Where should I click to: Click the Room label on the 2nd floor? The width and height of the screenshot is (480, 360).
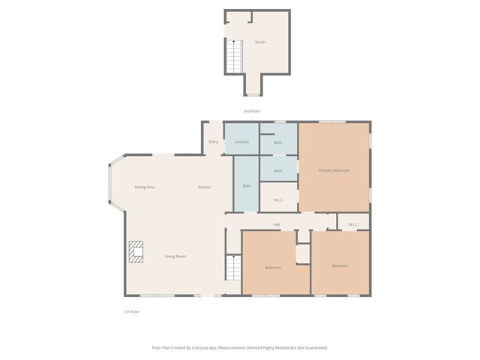click(x=260, y=42)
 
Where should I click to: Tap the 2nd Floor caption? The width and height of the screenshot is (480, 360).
click(x=251, y=111)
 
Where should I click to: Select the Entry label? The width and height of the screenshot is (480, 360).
click(x=213, y=142)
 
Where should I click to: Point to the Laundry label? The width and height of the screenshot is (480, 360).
click(x=241, y=142)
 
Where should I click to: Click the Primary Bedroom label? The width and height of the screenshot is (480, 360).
click(x=334, y=170)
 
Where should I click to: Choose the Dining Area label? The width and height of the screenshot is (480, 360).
click(x=145, y=187)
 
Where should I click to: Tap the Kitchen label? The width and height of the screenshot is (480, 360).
click(x=204, y=187)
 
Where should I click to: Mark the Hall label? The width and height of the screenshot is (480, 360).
click(x=276, y=224)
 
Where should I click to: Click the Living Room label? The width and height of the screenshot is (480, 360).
click(x=175, y=256)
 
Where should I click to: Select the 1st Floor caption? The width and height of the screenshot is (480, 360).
click(x=131, y=311)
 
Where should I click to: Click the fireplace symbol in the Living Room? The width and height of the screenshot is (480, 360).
click(x=136, y=252)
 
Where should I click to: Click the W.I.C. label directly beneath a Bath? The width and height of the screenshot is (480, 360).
click(x=277, y=199)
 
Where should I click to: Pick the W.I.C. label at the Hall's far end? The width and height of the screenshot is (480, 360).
click(x=353, y=224)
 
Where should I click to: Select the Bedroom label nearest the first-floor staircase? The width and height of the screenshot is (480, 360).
click(x=273, y=267)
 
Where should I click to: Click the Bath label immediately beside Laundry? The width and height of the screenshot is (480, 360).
click(x=277, y=142)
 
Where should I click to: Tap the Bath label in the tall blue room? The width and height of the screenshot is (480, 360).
click(x=247, y=186)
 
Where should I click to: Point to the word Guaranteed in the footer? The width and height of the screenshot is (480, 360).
click(x=315, y=348)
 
